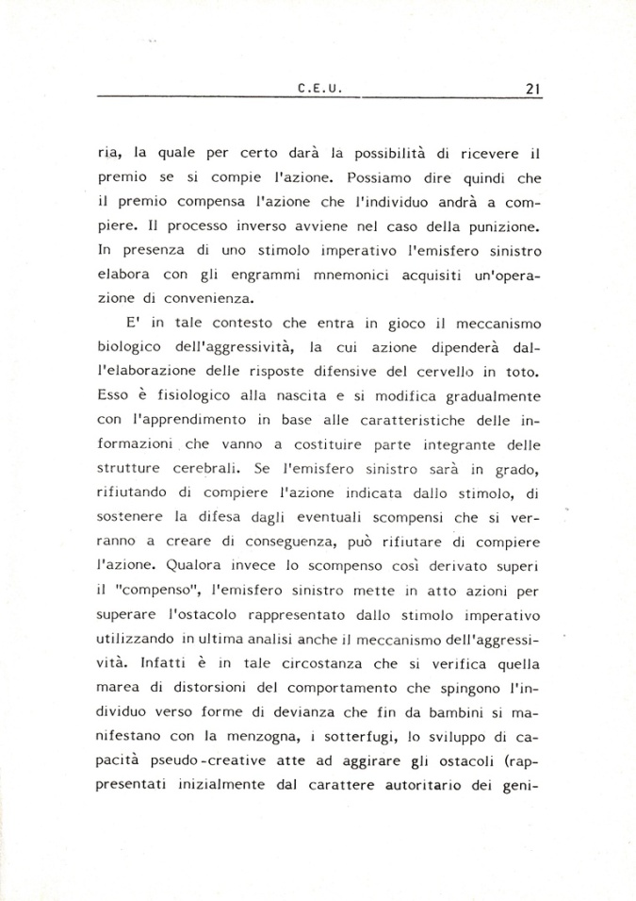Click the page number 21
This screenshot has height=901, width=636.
point(532,90)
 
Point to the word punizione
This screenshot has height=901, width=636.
point(496,225)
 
